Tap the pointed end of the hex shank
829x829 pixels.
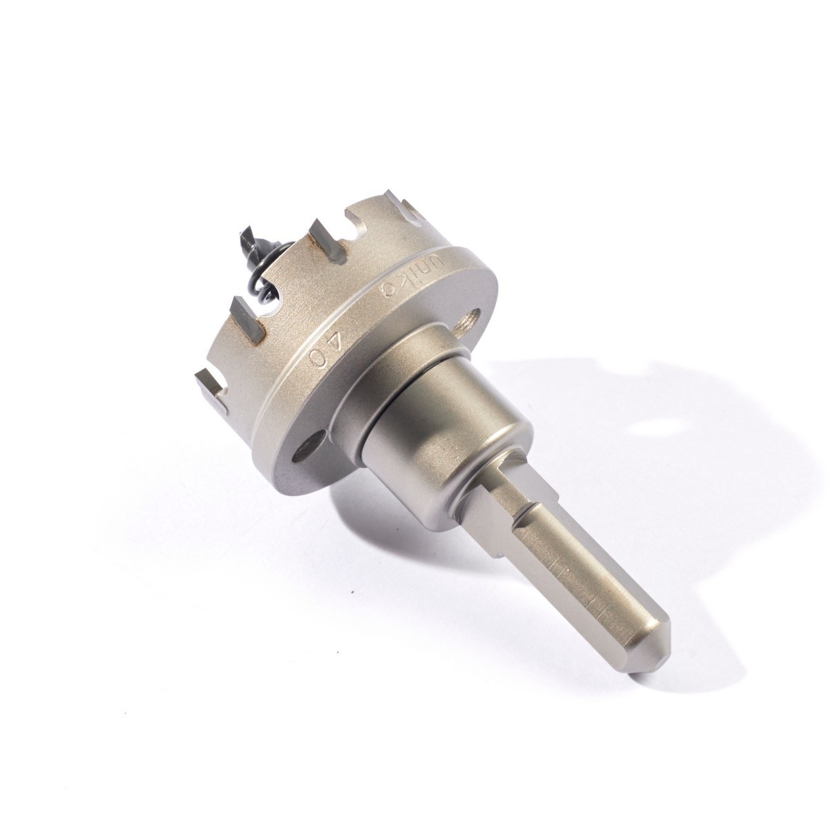tap(659, 625)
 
